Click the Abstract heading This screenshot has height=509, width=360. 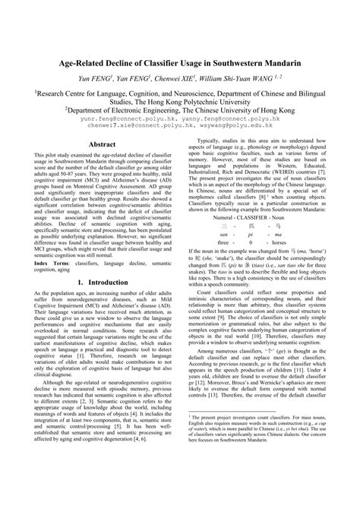pyautogui.click(x=106, y=143)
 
